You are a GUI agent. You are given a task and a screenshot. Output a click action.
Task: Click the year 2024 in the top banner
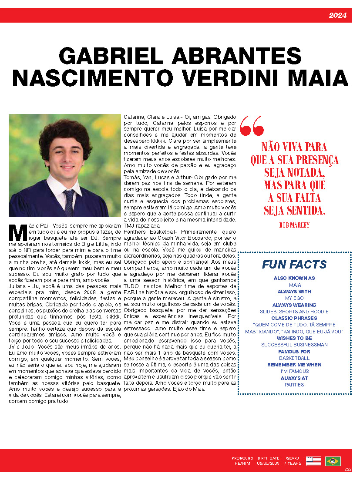[337, 16]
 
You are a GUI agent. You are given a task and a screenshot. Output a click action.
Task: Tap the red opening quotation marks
[252, 126]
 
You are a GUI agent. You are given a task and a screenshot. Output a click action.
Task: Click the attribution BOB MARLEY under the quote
[294, 225]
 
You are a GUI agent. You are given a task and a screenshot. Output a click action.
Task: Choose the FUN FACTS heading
[294, 265]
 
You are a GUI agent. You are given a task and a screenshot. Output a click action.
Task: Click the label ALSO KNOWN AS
[294, 278]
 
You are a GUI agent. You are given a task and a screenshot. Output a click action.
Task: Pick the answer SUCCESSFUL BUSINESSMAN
[294, 345]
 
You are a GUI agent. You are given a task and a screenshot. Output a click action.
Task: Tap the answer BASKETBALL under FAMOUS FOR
[294, 358]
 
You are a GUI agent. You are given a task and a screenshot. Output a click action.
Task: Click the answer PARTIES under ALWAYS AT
[294, 385]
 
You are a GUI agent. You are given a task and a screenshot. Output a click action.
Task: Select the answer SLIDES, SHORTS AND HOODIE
[294, 312]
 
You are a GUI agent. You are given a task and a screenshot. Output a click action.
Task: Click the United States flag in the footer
[313, 461]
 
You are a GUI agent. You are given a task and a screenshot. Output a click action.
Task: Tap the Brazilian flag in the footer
[333, 461]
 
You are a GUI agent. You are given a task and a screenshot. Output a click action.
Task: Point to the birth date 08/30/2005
[268, 463]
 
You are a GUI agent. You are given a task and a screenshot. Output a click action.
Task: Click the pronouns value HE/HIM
[242, 463]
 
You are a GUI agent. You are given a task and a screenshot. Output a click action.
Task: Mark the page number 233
[347, 469]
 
